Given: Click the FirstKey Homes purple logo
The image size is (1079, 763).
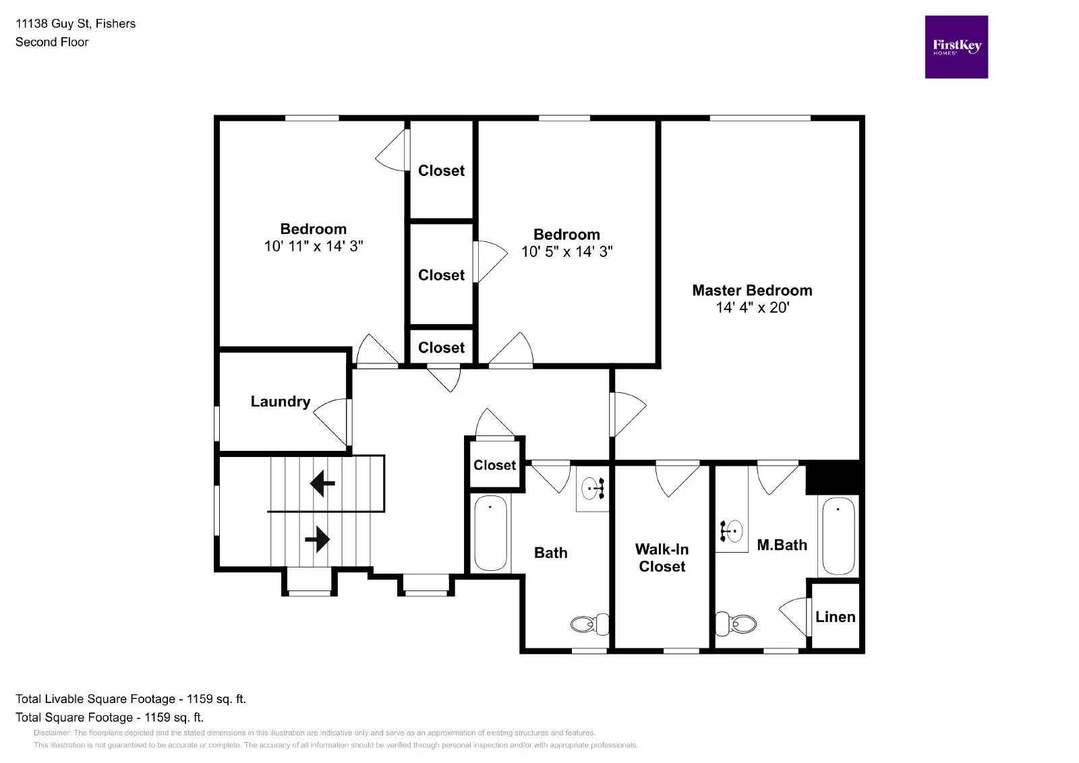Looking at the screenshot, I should (x=956, y=47).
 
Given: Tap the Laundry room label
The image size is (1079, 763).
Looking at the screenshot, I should (x=280, y=402).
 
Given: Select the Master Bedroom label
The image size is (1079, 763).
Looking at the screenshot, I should (x=752, y=291).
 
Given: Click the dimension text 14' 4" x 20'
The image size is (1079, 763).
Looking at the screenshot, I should (x=752, y=308).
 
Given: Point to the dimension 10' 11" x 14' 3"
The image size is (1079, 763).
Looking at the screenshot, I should (x=313, y=247).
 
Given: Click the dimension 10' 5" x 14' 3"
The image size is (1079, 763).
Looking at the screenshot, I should (x=566, y=252).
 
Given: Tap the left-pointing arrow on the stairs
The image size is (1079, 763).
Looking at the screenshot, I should (x=322, y=483).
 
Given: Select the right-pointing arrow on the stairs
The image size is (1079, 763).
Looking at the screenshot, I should (x=317, y=539).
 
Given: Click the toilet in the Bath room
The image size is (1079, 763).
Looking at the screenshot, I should (x=589, y=624).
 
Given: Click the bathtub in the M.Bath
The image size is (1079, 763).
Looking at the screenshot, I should (x=838, y=536).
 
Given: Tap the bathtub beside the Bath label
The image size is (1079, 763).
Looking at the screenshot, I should (x=490, y=533).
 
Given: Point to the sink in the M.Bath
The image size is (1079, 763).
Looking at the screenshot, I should (x=732, y=531).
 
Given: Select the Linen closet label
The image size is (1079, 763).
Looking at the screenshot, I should (x=835, y=617).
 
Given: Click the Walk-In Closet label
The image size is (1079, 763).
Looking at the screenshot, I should (x=662, y=558).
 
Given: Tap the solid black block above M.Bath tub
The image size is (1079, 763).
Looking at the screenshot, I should (x=833, y=477).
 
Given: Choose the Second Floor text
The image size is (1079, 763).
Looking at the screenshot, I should (x=52, y=42).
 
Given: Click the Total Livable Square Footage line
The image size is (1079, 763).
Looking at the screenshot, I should (x=130, y=699).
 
